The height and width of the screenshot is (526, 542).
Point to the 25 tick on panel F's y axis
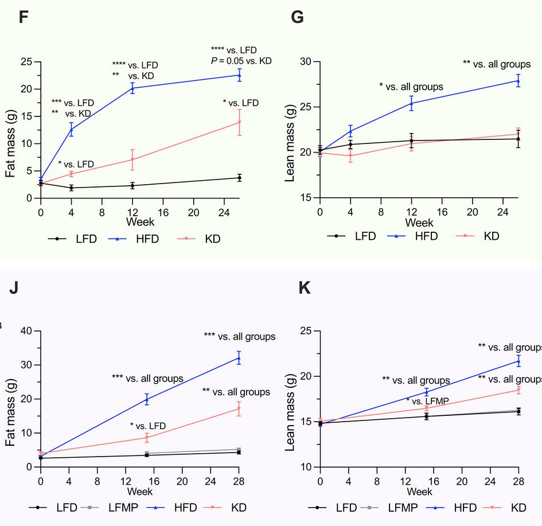point(27,61)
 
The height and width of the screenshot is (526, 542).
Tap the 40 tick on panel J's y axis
point(27,330)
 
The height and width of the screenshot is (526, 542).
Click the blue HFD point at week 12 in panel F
point(132,88)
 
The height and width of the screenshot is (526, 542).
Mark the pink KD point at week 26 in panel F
point(239,122)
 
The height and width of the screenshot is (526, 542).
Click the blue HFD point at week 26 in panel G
point(518,80)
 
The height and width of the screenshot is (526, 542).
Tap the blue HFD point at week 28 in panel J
point(239,358)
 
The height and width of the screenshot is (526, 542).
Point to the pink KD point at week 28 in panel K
point(518,390)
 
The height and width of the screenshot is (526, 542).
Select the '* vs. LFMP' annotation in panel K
point(427,400)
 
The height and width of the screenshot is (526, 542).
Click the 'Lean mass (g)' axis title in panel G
point(290,129)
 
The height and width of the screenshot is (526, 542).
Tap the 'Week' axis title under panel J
point(139,492)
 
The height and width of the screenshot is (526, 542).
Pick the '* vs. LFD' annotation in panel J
point(148,426)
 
